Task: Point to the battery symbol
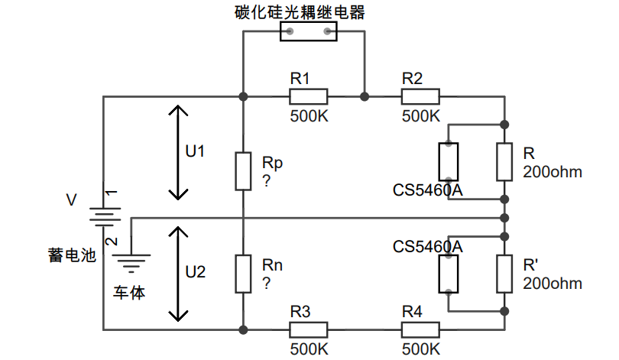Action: pyautogui.click(x=104, y=217)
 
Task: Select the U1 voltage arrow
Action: pyautogui.click(x=178, y=152)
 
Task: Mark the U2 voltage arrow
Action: pyautogui.click(x=178, y=274)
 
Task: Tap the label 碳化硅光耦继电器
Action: pyautogui.click(x=300, y=12)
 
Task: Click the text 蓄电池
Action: pyautogui.click(x=73, y=255)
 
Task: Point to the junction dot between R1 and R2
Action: pyautogui.click(x=365, y=97)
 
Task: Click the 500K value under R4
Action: pyautogui.click(x=421, y=349)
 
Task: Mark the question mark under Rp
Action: pyautogui.click(x=267, y=181)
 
